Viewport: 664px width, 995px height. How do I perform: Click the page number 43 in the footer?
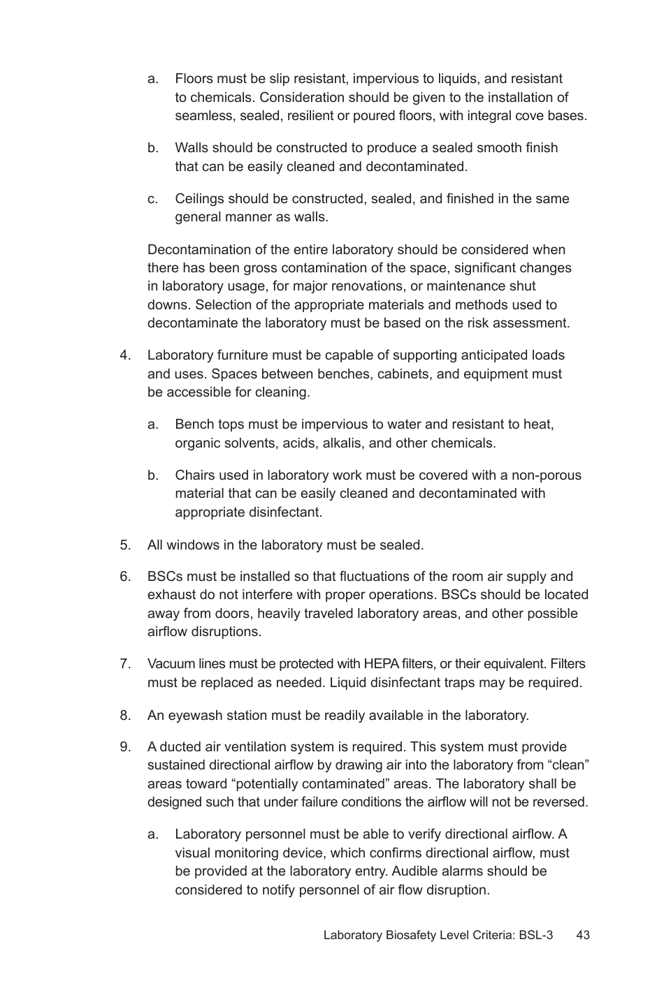point(583,935)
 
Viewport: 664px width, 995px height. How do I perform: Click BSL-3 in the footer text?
point(535,935)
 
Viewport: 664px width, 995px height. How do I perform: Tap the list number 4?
point(125,355)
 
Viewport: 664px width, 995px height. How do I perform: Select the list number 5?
point(125,545)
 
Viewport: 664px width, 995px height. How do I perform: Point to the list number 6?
point(125,577)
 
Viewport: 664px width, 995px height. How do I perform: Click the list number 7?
point(125,664)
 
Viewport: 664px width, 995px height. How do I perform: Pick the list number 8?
point(125,715)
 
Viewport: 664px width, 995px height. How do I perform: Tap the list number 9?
point(125,747)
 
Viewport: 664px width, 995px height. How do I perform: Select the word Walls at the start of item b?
point(192,148)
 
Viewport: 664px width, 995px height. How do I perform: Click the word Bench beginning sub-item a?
point(194,425)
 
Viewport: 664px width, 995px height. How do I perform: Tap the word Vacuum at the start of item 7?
point(171,664)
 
